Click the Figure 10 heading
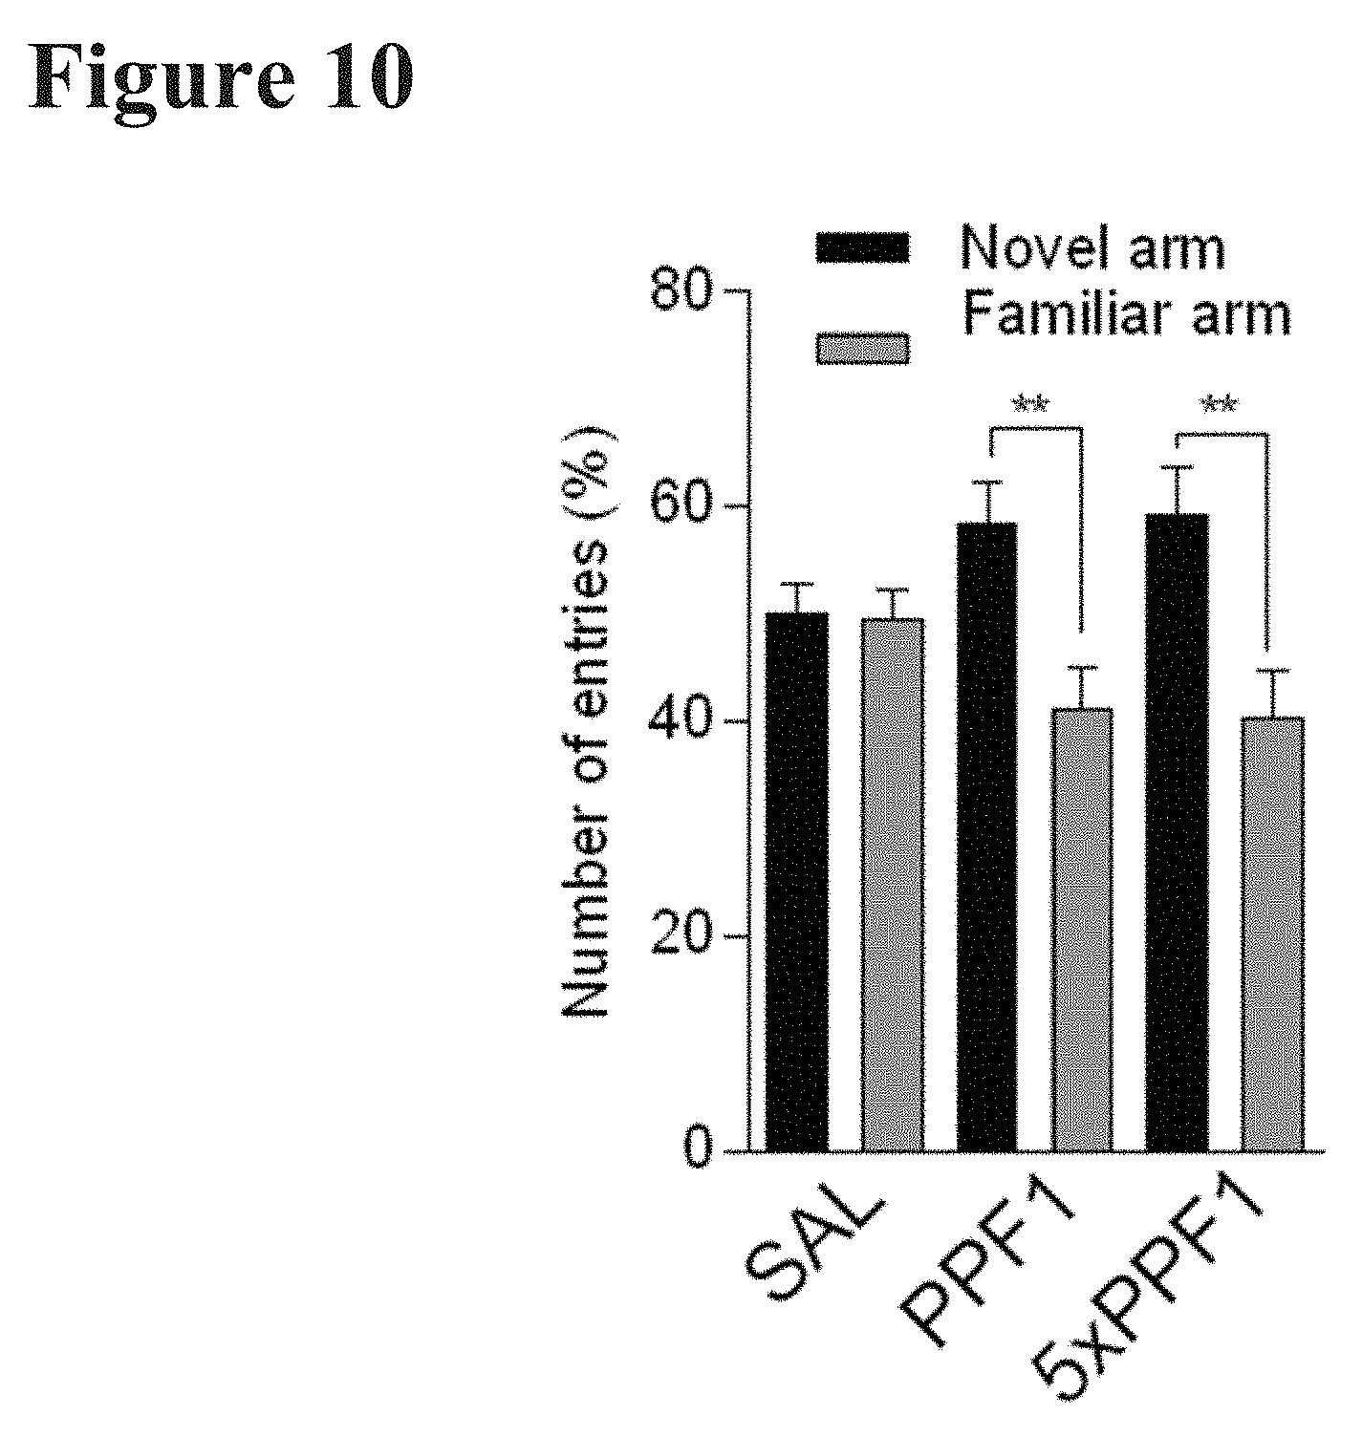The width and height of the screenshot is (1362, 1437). [222, 76]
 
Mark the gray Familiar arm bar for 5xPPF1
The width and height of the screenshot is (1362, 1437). [1272, 933]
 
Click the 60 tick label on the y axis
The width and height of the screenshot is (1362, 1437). [680, 506]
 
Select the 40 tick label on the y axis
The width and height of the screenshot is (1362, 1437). [680, 721]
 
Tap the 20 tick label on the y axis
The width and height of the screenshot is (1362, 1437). [680, 936]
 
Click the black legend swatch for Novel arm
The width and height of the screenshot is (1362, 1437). [862, 247]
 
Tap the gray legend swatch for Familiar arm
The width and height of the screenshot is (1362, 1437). [862, 349]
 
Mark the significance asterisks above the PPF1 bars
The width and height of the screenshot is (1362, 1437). [1031, 405]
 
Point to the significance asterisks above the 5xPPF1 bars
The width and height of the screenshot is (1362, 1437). [1219, 405]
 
